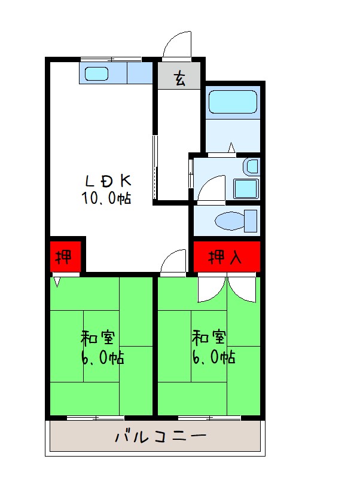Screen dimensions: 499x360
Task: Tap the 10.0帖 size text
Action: (x=107, y=199)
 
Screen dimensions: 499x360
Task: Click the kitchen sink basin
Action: (x=96, y=74)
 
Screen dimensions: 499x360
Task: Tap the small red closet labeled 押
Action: (x=63, y=258)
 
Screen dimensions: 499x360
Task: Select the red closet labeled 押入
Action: (x=226, y=258)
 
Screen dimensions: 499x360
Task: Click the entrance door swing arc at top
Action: (x=177, y=45)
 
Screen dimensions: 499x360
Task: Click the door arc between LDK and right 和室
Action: (x=173, y=262)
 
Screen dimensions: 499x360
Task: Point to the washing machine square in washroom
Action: (x=246, y=188)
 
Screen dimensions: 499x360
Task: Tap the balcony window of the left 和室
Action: (x=96, y=417)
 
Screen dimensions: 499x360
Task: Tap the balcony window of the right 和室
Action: (x=209, y=417)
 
